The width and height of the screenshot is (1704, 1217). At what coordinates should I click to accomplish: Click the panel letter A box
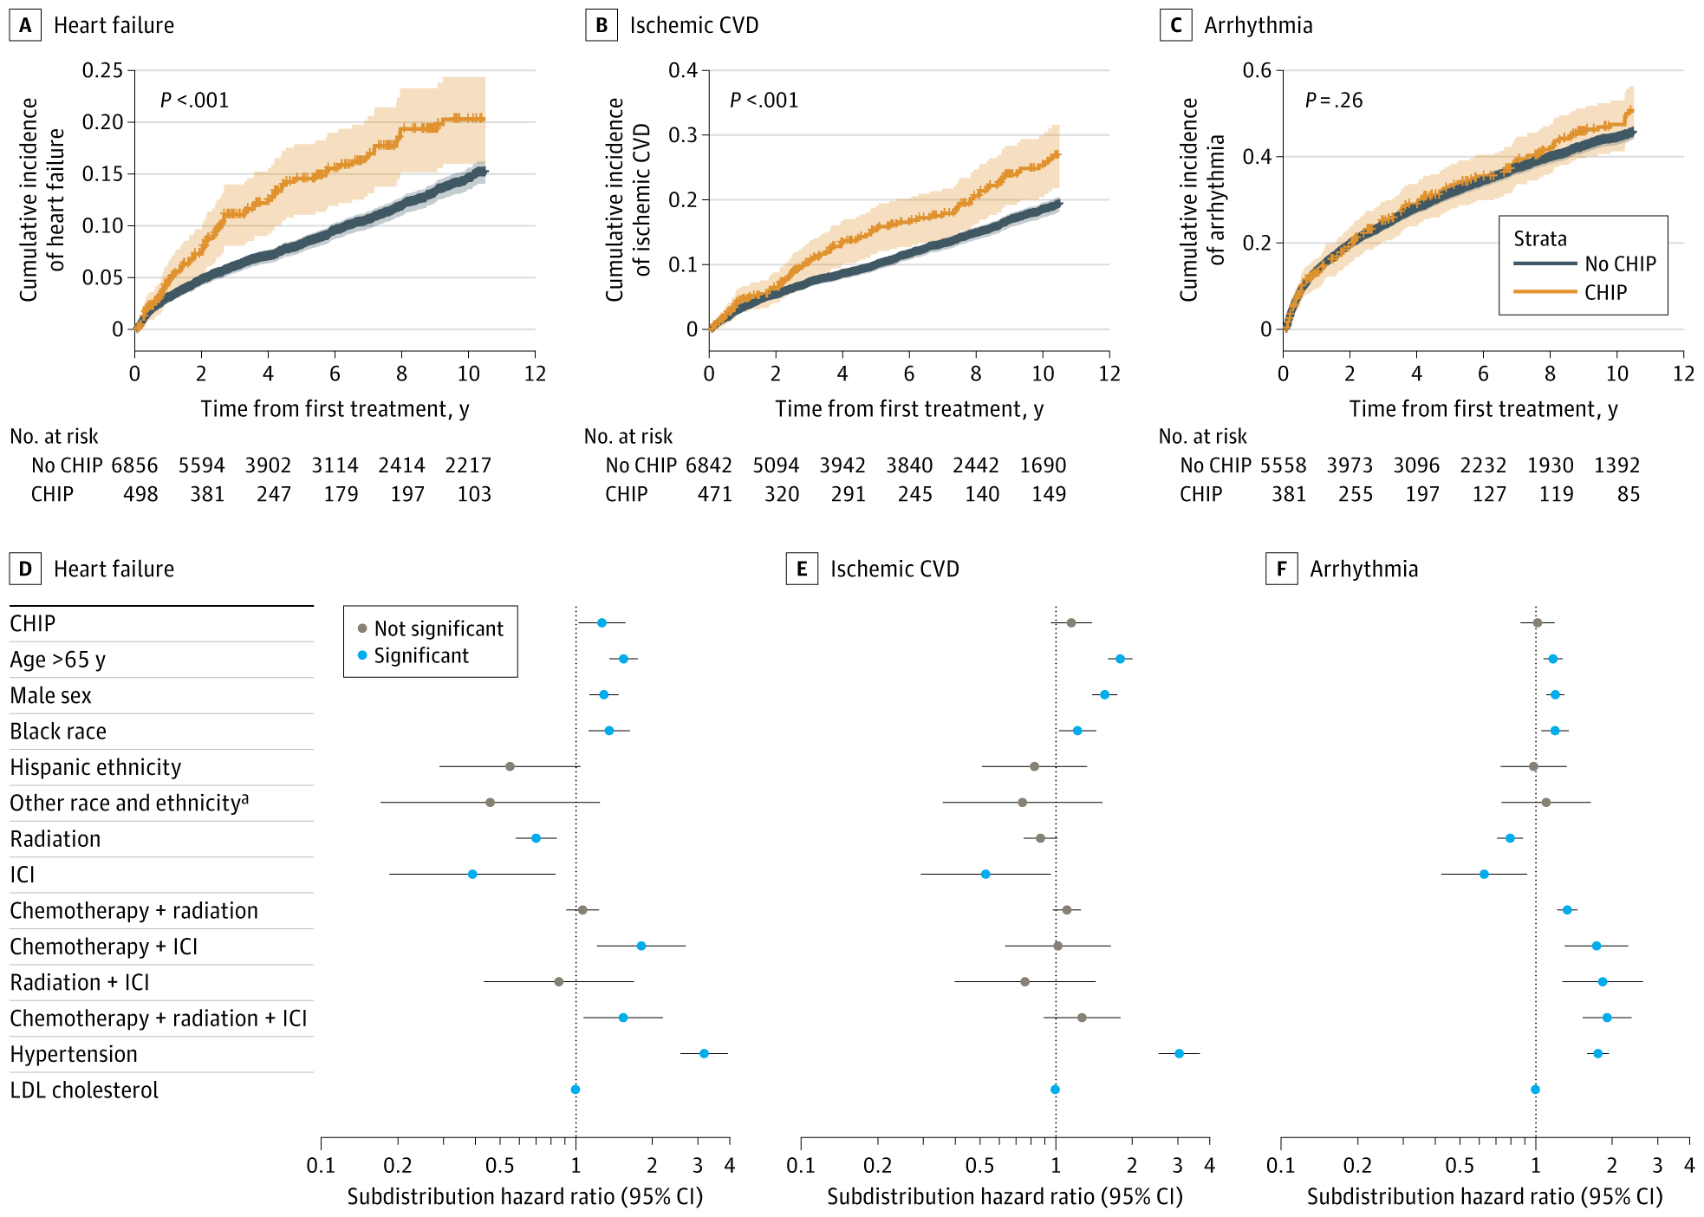[x=25, y=25]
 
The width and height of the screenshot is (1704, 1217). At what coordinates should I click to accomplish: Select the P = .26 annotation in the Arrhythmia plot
[x=1333, y=101]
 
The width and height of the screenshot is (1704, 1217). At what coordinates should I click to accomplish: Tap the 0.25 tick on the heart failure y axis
[x=103, y=70]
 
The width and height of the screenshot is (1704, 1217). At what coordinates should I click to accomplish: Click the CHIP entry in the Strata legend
[x=1605, y=292]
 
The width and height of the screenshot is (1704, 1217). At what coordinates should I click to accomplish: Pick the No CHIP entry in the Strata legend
[x=1619, y=264]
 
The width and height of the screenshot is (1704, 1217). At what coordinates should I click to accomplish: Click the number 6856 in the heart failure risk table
[x=134, y=465]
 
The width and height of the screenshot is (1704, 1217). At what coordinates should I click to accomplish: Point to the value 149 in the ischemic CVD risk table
[x=1048, y=494]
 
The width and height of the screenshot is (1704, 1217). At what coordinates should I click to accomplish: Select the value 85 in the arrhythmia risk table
[x=1628, y=494]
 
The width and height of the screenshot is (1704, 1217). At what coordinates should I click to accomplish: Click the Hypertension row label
[x=74, y=1054]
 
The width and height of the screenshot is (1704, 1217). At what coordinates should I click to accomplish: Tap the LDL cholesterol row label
[x=84, y=1090]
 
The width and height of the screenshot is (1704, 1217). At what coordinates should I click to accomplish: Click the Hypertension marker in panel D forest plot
[x=704, y=1053]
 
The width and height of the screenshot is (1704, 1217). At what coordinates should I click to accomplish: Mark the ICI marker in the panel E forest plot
[x=985, y=874]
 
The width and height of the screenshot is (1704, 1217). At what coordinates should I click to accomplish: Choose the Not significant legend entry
[x=438, y=628]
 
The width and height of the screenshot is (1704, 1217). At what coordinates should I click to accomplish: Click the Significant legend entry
[x=420, y=655]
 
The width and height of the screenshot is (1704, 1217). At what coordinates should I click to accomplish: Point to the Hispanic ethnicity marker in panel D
[x=510, y=766]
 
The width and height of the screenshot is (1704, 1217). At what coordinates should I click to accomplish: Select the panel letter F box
[x=1281, y=569]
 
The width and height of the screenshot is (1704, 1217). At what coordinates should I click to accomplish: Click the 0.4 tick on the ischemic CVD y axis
[x=682, y=70]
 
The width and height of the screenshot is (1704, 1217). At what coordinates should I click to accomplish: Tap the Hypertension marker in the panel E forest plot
[x=1179, y=1053]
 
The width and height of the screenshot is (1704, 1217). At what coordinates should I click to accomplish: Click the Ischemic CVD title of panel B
[x=693, y=25]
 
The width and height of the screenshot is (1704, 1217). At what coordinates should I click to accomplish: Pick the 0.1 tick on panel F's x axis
[x=1280, y=1166]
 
